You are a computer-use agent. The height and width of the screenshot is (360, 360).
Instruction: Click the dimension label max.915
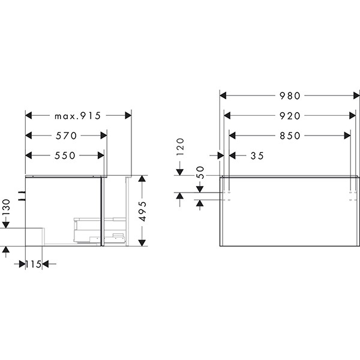[x=77, y=116]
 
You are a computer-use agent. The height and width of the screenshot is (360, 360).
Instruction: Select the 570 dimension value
[x=66, y=136]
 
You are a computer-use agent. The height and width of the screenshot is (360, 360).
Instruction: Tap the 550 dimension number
[x=65, y=155]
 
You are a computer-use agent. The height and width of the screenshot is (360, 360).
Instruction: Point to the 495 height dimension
[x=143, y=211]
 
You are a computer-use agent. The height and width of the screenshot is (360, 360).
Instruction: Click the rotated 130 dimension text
[x=6, y=207]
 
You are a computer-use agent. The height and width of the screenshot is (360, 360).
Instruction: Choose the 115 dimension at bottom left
[x=33, y=264]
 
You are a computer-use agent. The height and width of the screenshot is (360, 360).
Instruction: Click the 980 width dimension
[x=290, y=96]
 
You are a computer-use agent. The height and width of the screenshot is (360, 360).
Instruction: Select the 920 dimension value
[x=290, y=116]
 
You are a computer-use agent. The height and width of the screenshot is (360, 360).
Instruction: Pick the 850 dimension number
[x=290, y=136]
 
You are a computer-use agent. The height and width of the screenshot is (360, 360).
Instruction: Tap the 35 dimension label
[x=257, y=156]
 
